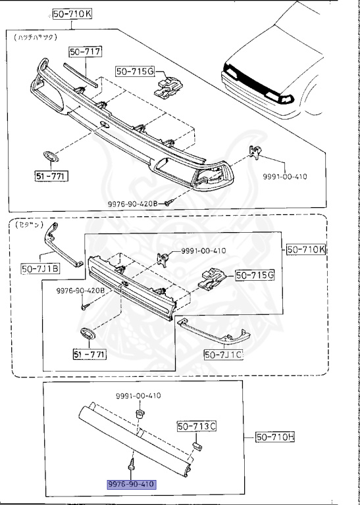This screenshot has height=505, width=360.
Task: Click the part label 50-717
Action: click(84, 52)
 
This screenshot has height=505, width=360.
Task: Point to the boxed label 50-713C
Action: click(195, 427)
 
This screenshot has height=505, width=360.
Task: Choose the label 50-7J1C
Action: click(223, 354)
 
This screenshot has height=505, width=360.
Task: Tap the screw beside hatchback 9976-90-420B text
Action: click(168, 203)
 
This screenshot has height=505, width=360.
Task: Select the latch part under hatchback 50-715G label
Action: click(168, 86)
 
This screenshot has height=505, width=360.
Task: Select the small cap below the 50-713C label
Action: click(195, 447)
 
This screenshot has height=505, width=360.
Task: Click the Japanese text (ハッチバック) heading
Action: click(32, 39)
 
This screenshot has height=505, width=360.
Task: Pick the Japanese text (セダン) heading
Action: click(26, 224)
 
